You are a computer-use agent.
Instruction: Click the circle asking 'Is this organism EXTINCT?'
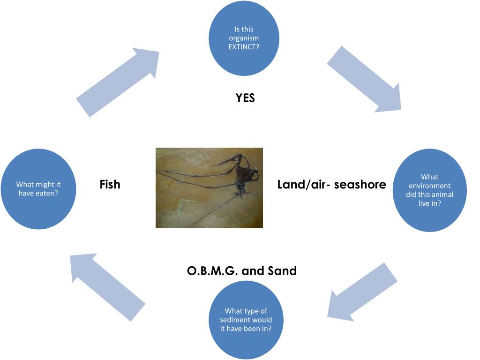pyautogui.click(x=243, y=38)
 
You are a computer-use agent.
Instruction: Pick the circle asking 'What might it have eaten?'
pyautogui.click(x=38, y=189)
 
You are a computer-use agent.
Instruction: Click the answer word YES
pyautogui.click(x=245, y=98)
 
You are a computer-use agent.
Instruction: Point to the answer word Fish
pyautogui.click(x=110, y=184)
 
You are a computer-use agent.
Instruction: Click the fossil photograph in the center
pyautogui.click(x=209, y=188)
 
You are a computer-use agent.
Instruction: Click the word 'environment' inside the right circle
pyautogui.click(x=429, y=185)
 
